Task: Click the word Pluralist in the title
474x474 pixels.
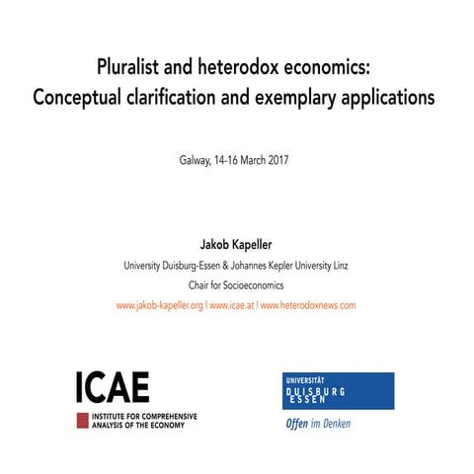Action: pos(130,70)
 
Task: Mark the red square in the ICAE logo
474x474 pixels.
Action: pos(83,420)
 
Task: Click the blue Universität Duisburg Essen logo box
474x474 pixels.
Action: pos(338,391)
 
